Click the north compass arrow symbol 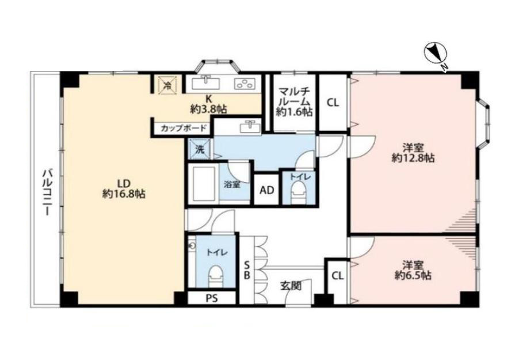pos(436,54)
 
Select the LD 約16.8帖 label pos(124,188)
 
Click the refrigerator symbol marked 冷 pos(166,85)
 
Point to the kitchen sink pos(206,84)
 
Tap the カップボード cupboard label pos(183,128)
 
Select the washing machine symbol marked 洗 pos(200,149)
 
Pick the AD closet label pos(266,190)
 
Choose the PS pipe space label pos(212,298)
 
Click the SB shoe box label pos(247,270)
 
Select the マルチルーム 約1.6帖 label pos(294,101)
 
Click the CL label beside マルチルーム pos(333,103)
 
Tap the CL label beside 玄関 pos(337,276)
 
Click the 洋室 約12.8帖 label pos(413,153)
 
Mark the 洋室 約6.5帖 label pos(413,270)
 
